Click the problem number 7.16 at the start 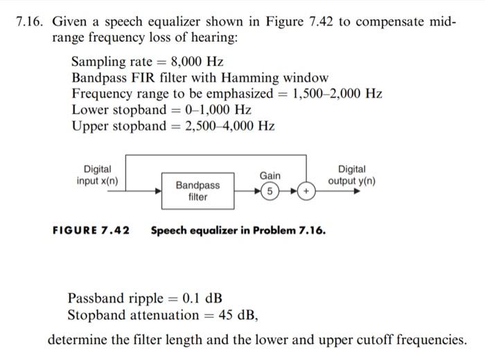(x=30, y=22)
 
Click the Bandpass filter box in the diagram (x=197, y=190)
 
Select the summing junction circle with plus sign (x=306, y=190)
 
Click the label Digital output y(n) (x=352, y=175)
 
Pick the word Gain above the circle (x=270, y=176)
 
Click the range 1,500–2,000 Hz (x=337, y=93)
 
